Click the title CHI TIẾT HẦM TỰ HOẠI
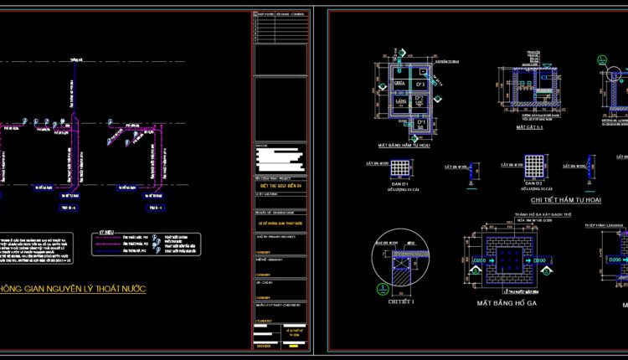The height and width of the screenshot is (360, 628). coord(566,200)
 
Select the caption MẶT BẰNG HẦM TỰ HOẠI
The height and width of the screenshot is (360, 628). coord(409,144)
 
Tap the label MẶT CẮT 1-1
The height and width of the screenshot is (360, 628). coord(531,128)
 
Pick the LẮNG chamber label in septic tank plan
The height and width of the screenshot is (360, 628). coord(400,101)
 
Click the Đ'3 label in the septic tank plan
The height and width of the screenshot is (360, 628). coord(422,84)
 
